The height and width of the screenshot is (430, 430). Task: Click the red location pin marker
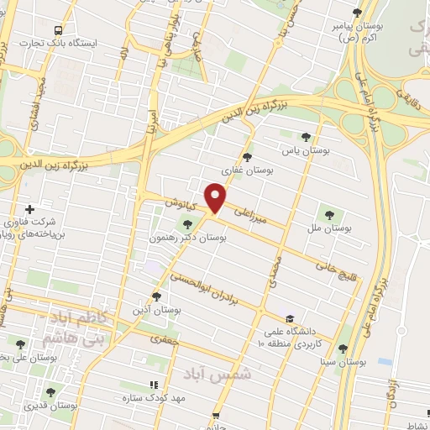point(216,197)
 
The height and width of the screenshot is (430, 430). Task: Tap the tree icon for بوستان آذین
point(156,296)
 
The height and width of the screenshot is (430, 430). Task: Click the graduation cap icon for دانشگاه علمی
point(290,319)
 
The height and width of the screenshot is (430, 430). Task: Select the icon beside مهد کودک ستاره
point(153,385)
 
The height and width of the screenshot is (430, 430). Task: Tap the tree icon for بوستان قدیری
point(50,391)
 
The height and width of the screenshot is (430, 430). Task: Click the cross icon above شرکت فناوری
point(30,209)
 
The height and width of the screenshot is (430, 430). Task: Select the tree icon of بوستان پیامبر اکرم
point(358,13)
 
